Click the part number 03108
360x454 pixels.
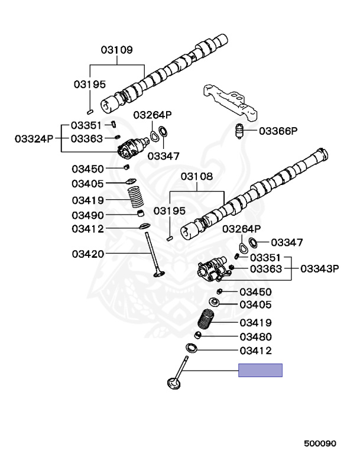(196, 176)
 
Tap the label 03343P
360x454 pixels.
(319, 269)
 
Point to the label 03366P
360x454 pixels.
(278, 131)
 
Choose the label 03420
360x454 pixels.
(88, 254)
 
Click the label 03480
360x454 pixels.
(255, 337)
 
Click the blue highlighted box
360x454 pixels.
(261, 371)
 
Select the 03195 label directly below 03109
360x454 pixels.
(89, 85)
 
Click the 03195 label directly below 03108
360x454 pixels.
(170, 210)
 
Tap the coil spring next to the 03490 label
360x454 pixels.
(136, 197)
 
